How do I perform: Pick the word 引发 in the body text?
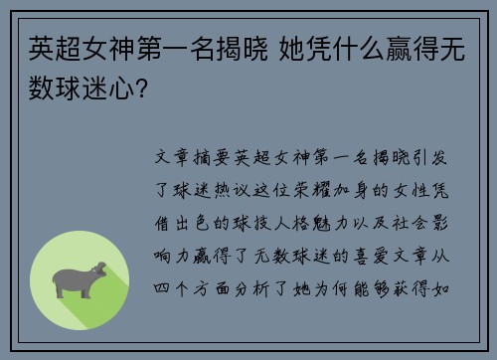(x=436, y=157)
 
